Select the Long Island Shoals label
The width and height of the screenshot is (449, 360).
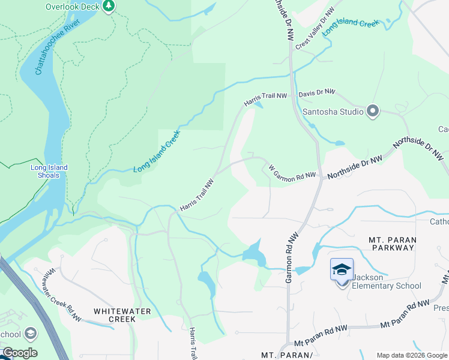(49, 171)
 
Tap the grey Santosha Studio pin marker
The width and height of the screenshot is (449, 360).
(372, 111)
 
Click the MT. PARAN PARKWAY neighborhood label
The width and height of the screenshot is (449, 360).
(393, 243)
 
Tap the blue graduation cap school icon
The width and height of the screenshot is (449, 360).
(342, 269)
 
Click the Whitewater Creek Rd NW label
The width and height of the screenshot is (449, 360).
(61, 290)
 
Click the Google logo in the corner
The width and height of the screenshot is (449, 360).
(19, 353)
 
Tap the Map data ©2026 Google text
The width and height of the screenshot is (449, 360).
(412, 355)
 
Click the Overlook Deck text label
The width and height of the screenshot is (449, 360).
(72, 7)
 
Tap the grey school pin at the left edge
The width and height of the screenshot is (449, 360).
(30, 334)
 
